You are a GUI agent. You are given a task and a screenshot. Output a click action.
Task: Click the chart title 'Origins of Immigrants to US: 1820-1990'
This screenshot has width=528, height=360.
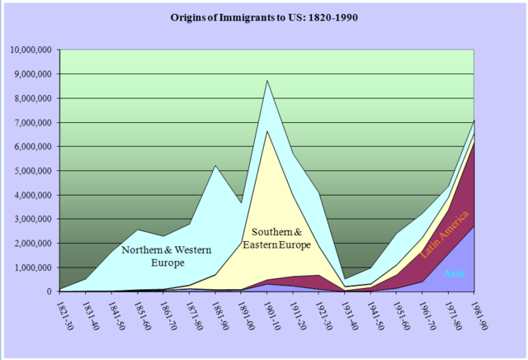(263, 16)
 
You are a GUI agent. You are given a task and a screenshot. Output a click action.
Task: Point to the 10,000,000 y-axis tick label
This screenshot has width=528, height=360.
(31, 50)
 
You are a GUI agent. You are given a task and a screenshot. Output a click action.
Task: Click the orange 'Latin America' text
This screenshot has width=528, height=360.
(446, 234)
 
